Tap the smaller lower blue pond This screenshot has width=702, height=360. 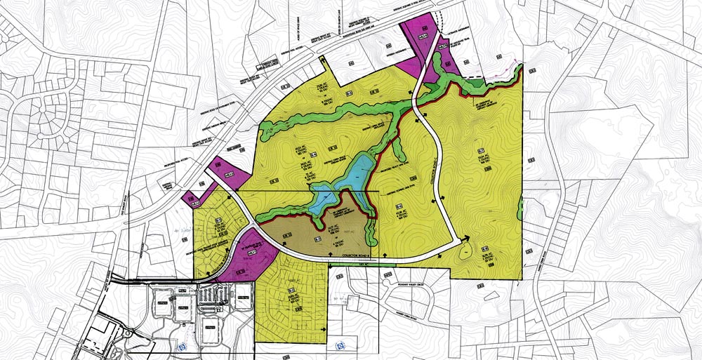[x=324, y=196]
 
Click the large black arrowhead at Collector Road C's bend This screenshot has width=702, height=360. [x=464, y=246]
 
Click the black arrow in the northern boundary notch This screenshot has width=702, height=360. [x=324, y=62]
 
